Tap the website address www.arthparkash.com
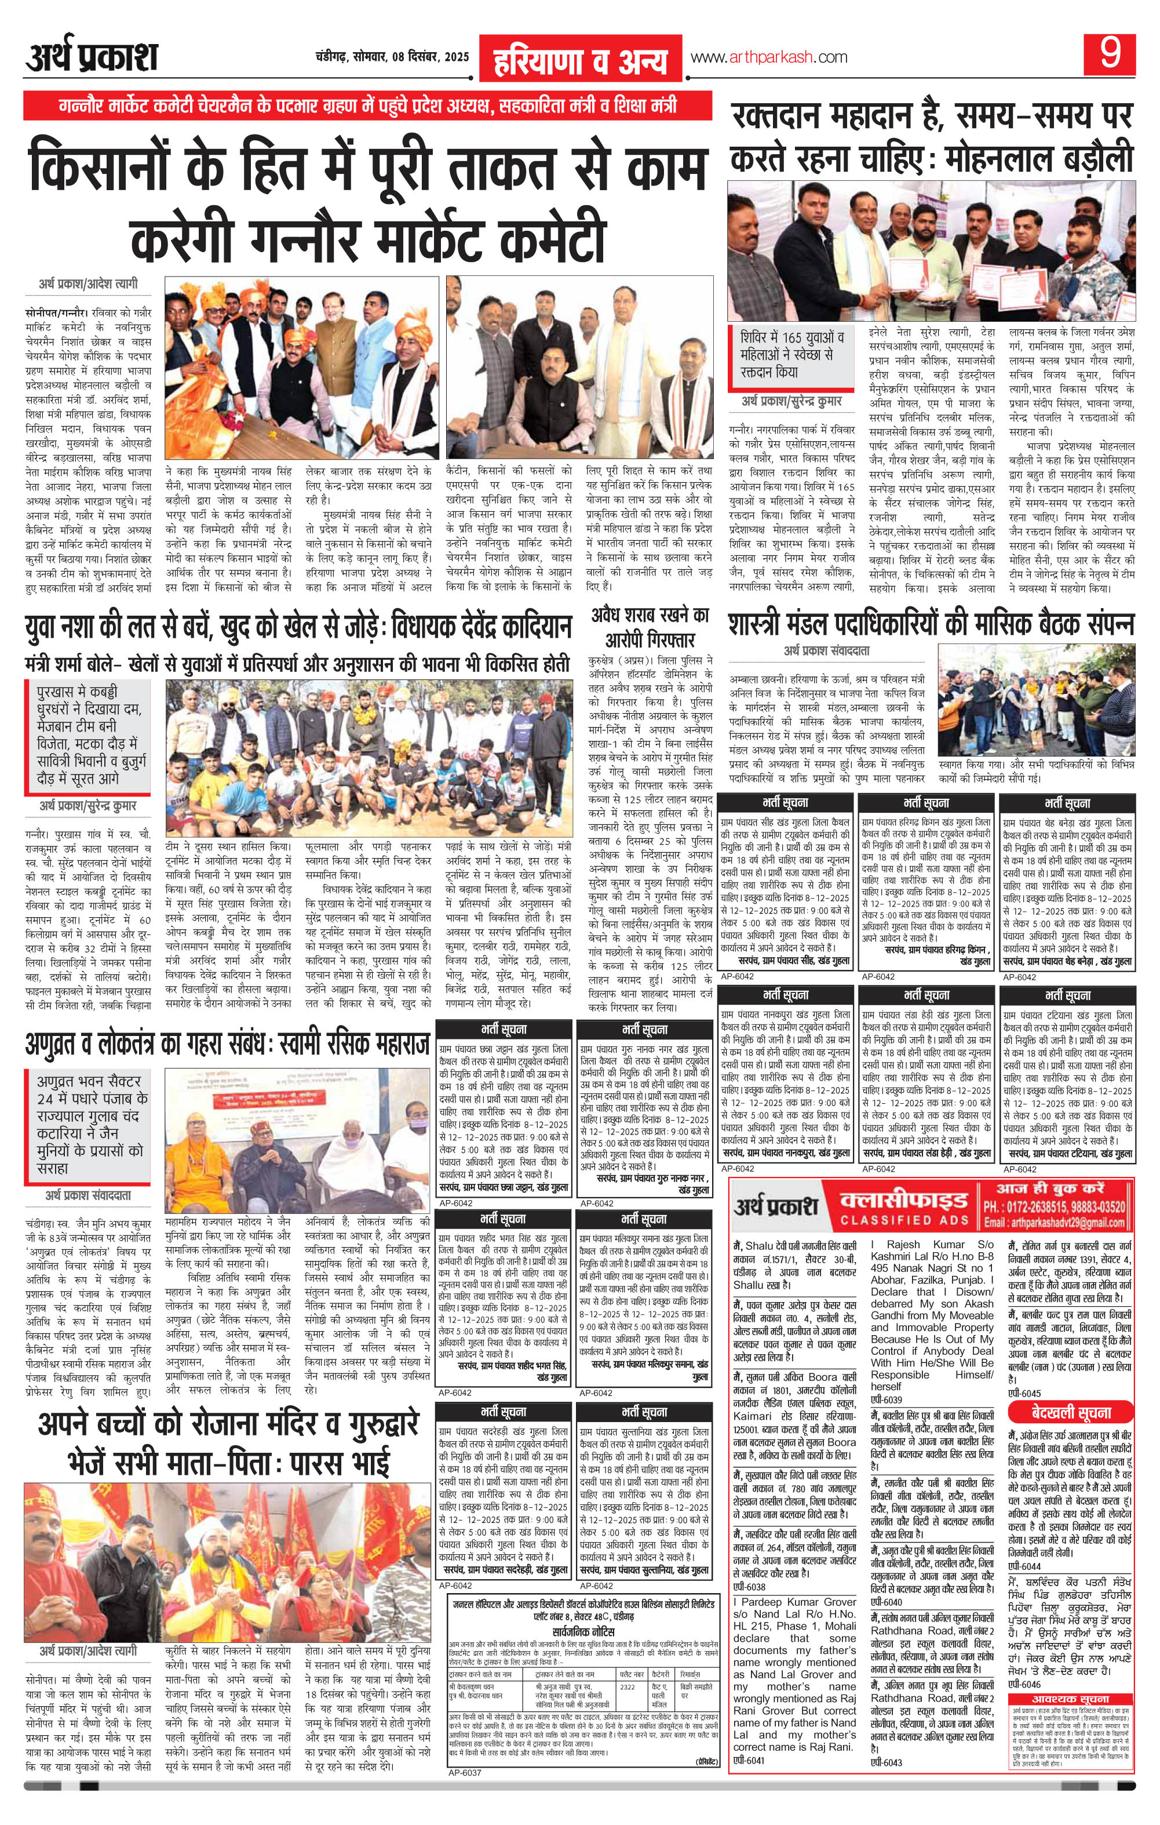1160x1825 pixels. pos(768,57)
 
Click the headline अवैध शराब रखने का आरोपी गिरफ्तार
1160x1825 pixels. pos(650,626)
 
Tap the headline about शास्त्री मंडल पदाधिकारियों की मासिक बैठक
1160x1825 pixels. pos(931,624)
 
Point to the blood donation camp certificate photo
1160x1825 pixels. pos(931,250)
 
